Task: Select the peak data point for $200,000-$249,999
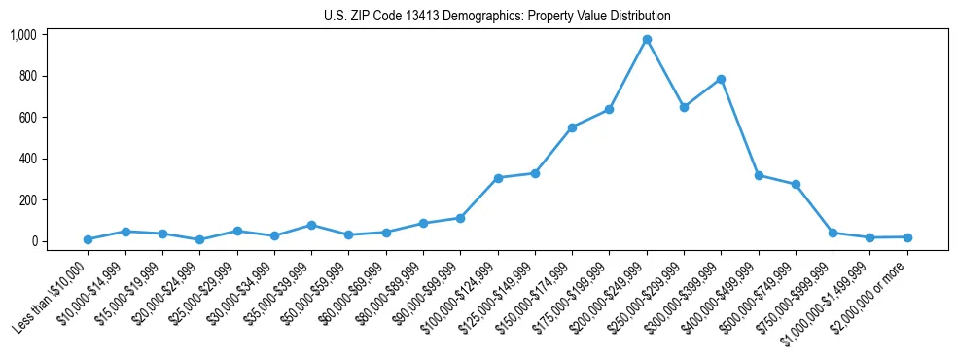(x=647, y=40)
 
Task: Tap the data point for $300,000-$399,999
(x=721, y=79)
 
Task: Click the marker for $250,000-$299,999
(x=684, y=107)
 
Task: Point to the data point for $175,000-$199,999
(x=609, y=109)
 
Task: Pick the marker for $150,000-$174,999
(x=572, y=127)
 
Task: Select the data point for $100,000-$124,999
(x=498, y=178)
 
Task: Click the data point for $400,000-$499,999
(x=759, y=176)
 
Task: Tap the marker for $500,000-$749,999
(x=796, y=184)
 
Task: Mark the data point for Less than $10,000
(x=88, y=239)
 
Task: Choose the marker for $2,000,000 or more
(x=907, y=237)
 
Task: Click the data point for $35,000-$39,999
(x=311, y=225)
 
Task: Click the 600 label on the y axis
(x=27, y=118)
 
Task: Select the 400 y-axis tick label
(x=27, y=159)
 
